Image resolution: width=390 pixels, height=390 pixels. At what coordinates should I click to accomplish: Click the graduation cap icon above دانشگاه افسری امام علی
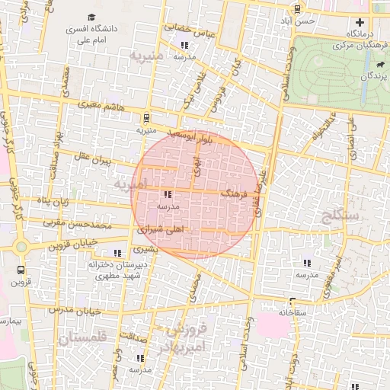coord(92,17)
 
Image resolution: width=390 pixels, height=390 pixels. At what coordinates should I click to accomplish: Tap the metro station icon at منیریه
coord(145,118)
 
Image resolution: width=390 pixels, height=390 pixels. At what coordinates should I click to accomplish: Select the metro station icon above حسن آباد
coord(297,10)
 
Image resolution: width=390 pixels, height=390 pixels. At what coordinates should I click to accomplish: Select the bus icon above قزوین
coord(20,270)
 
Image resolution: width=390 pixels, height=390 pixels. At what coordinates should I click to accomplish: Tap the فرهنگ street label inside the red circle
coord(234,196)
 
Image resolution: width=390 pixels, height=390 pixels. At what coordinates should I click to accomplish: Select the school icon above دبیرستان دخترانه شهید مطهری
coord(117,252)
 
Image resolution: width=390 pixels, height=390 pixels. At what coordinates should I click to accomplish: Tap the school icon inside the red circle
coord(168,194)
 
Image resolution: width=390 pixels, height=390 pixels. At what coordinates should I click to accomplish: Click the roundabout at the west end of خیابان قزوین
coord(21,247)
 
